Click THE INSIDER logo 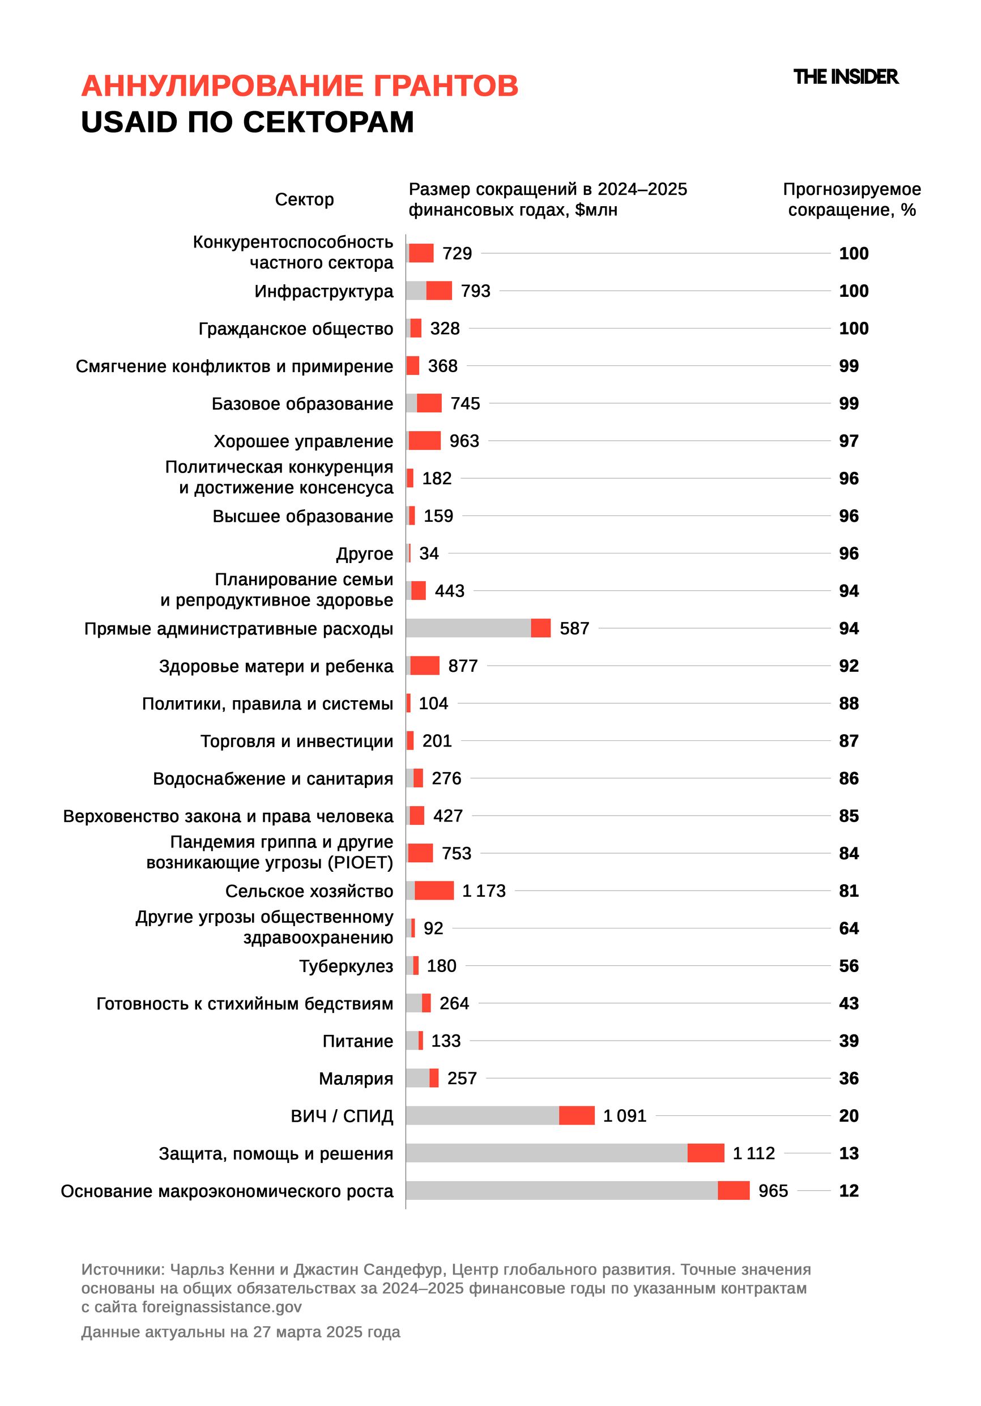pos(845,77)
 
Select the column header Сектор pos(304,199)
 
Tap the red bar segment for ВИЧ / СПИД pos(576,1115)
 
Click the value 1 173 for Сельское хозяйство pos(484,891)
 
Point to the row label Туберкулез pos(346,966)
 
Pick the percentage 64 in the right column pos(848,928)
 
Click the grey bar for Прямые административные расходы pos(468,628)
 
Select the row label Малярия pos(356,1079)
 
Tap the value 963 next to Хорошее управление pos(464,441)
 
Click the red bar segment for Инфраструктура pos(439,291)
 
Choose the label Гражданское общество pos(296,329)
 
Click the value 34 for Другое pos(429,553)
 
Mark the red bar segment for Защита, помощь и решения pos(705,1153)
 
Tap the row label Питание pos(357,1041)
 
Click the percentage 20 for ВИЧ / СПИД pos(848,1116)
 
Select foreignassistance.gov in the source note pos(221,1307)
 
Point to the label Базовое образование pos(302,404)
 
